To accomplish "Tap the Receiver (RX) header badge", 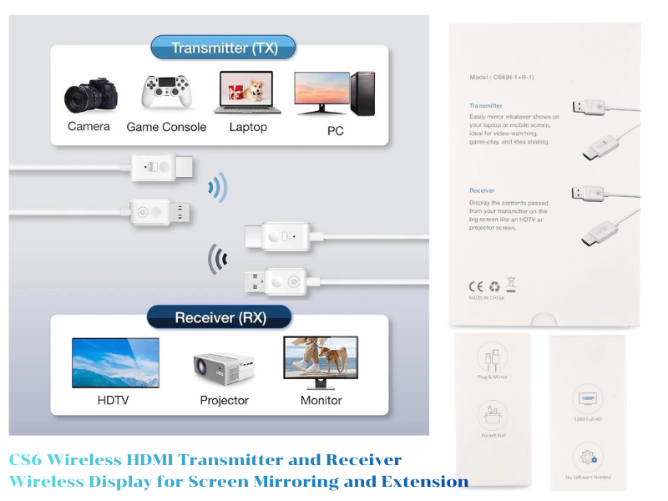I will point(219,318).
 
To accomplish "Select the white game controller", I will point(165,92).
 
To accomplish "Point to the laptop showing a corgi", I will point(248,92).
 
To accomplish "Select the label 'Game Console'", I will point(166,127).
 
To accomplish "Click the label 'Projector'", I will point(224,401).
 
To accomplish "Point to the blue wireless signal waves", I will point(218,189).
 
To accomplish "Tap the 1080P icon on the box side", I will point(588,399).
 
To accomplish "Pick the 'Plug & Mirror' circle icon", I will point(492,358).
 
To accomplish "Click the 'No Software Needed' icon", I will point(588,457).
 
